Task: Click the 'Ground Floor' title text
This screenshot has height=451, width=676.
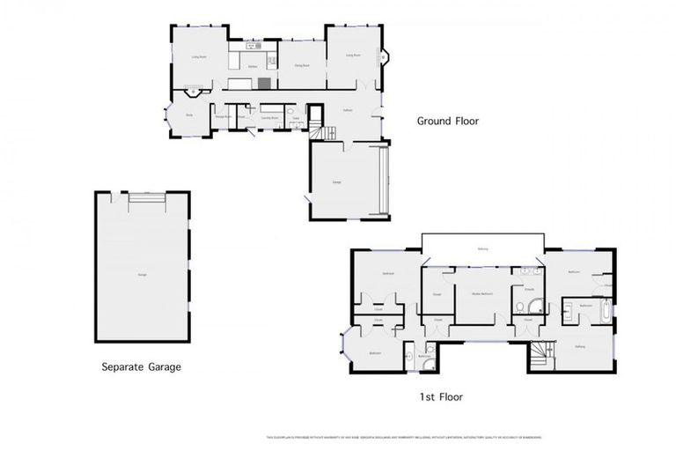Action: click(448, 122)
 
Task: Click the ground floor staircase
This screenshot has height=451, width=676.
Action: click(328, 132)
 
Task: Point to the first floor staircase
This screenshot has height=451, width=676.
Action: click(538, 355)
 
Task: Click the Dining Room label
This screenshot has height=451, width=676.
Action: click(301, 65)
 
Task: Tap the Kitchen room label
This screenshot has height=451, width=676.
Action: click(253, 66)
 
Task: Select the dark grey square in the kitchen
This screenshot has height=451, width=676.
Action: click(264, 83)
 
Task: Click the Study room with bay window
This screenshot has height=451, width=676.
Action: click(189, 115)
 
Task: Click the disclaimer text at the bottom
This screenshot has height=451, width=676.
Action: click(404, 438)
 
